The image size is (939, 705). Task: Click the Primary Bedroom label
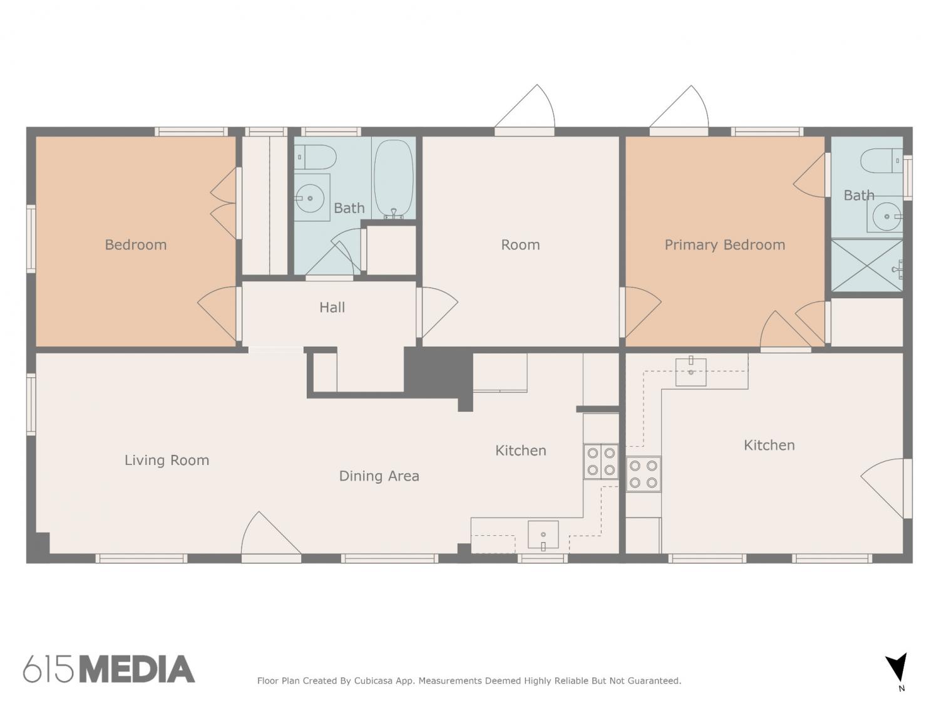click(725, 245)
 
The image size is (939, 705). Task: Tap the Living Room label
click(167, 461)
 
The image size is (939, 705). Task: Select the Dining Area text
click(379, 476)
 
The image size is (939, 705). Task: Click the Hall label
click(332, 307)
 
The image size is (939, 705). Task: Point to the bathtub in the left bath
click(394, 179)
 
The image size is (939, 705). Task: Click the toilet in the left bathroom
click(316, 157)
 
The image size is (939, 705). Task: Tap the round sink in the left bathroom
click(310, 198)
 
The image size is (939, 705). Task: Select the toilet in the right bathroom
click(881, 161)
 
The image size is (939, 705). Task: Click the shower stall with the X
click(867, 265)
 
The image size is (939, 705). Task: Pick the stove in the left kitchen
click(601, 461)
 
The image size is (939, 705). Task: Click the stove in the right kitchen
click(644, 474)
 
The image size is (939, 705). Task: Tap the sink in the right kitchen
click(691, 372)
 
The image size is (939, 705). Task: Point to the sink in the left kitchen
click(543, 535)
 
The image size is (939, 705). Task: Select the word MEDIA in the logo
click(138, 669)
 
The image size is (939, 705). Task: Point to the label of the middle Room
click(520, 245)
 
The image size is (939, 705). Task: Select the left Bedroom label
click(136, 245)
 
